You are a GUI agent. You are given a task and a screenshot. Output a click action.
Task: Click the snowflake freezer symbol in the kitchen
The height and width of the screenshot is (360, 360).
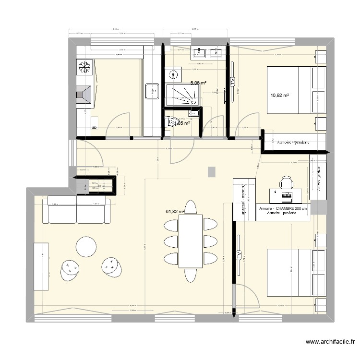coord(84,67)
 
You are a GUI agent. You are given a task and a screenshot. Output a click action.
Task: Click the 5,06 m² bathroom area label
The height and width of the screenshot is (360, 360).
coord(198,83)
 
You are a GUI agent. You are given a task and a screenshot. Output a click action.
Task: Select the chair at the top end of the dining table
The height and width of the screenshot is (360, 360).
coord(191,207)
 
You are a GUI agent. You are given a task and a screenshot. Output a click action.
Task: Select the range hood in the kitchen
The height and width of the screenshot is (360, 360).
coord(84,94)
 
